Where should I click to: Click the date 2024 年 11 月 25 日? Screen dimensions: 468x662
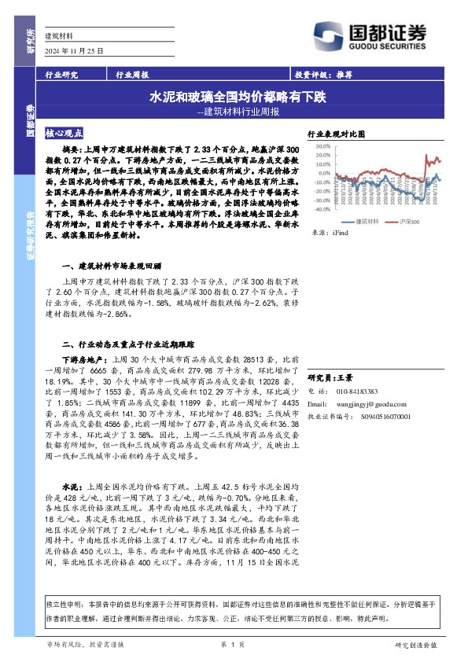(x=75, y=50)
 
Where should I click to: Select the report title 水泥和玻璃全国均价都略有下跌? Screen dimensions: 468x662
(x=238, y=98)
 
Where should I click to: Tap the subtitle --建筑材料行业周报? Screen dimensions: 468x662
(x=238, y=112)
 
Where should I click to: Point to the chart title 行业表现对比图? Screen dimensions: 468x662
(x=337, y=134)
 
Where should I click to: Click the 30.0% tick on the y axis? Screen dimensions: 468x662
(x=320, y=145)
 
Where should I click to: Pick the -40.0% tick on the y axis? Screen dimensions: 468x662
(x=319, y=209)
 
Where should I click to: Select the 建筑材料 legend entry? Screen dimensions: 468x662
(x=364, y=222)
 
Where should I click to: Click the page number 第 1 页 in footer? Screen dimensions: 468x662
(x=234, y=644)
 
